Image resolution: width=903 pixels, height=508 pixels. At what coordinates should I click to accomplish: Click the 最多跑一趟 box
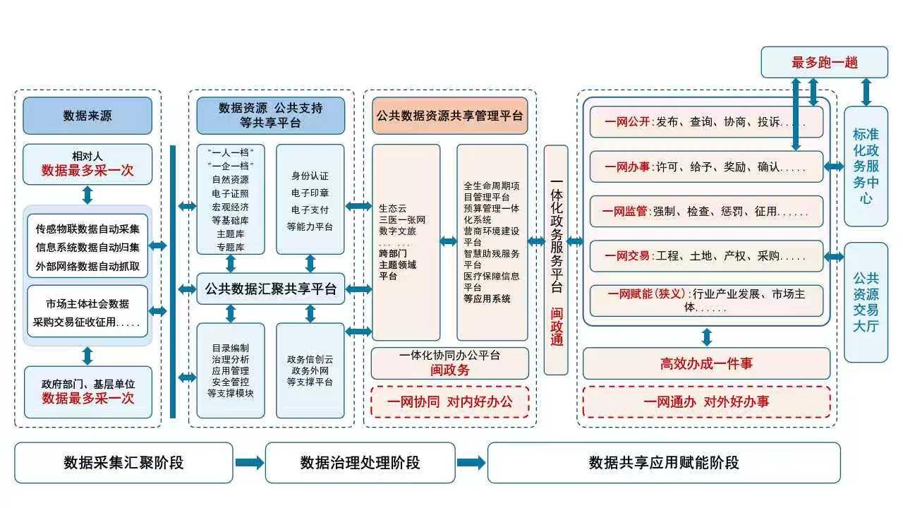(x=824, y=62)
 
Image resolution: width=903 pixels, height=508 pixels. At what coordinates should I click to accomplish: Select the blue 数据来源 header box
(x=87, y=116)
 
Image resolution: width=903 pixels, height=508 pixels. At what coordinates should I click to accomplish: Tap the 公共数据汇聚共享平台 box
(x=270, y=289)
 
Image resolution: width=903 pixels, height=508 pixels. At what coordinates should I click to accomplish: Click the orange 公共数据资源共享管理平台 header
(x=450, y=116)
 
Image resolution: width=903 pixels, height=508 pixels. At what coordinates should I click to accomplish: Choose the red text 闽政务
(x=450, y=370)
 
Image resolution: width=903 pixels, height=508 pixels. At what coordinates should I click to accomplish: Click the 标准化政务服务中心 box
(x=866, y=167)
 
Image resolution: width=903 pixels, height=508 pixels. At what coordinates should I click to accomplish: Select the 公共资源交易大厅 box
(x=866, y=302)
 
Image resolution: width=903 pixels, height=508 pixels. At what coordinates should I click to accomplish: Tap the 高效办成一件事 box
(x=706, y=363)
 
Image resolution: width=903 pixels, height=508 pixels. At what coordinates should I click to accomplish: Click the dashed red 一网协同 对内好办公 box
(x=450, y=402)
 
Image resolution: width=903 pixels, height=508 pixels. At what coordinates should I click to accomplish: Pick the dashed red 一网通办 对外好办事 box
(x=706, y=402)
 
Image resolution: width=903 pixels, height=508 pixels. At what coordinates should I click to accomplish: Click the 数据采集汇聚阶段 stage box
(x=123, y=463)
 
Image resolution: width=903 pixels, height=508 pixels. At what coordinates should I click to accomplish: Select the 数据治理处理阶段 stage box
(x=360, y=463)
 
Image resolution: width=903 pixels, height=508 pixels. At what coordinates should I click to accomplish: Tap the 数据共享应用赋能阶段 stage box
(x=664, y=463)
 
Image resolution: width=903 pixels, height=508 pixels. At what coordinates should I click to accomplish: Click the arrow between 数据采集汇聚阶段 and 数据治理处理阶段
(x=249, y=463)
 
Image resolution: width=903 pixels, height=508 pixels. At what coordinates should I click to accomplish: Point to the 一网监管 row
(x=706, y=211)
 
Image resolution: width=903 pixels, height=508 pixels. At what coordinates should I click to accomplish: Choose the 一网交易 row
(x=706, y=255)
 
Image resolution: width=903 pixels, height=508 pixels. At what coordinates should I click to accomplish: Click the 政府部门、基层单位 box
(x=87, y=392)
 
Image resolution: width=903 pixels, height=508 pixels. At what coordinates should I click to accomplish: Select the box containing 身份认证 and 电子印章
(x=310, y=200)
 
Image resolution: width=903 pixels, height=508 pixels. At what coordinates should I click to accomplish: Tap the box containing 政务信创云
(x=310, y=370)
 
